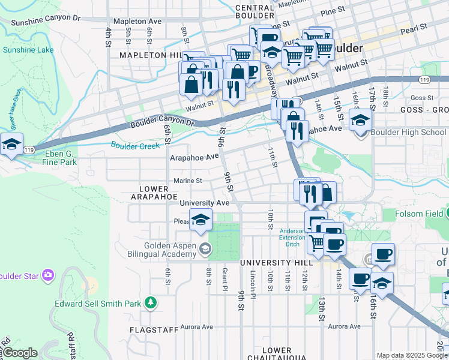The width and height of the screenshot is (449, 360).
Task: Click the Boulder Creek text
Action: pos(135,145)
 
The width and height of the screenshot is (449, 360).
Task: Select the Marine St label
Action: pos(187,180)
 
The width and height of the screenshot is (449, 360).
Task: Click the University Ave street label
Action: pos(205,203)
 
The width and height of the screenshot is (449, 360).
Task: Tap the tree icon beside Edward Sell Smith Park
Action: pos(151,303)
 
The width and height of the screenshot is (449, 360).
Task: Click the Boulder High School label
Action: pos(408,132)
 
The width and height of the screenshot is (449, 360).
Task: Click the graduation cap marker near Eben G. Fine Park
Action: pos(11,144)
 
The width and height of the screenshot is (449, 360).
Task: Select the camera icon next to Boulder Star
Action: pos(48,275)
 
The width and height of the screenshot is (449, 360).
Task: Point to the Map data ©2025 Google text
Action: pos(412,355)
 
